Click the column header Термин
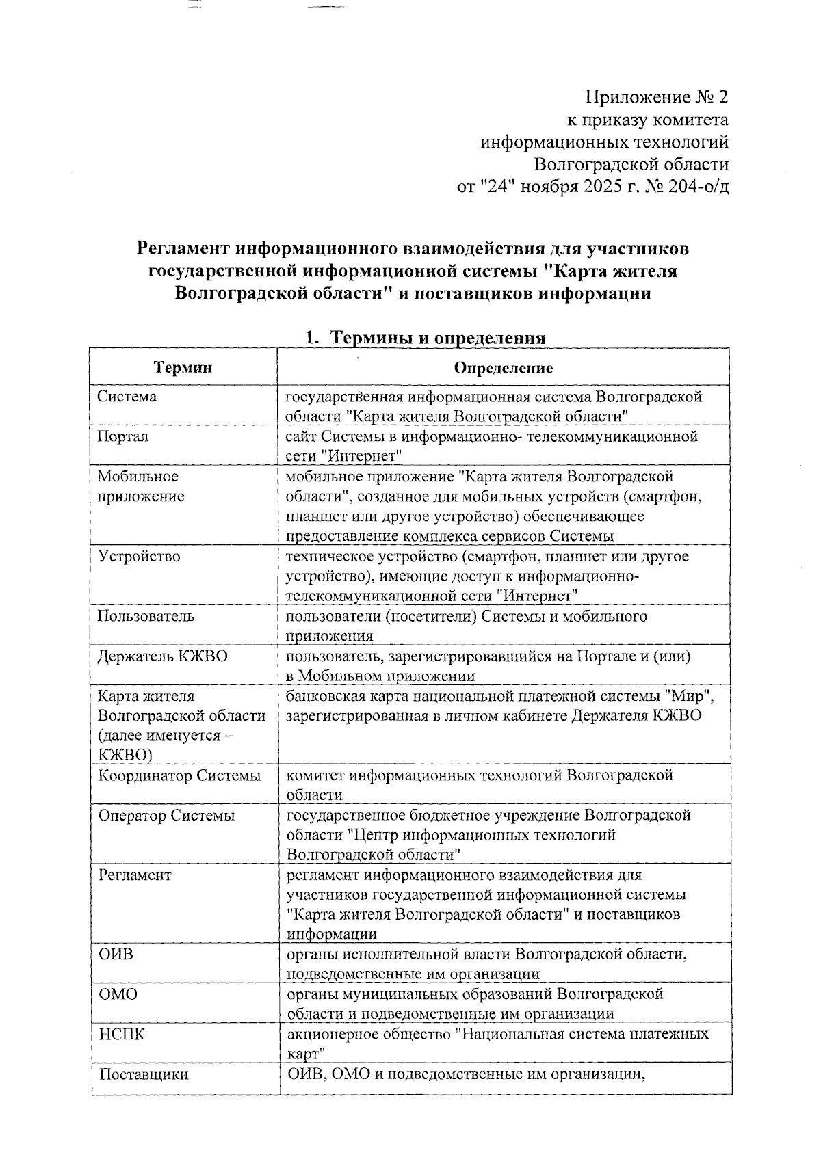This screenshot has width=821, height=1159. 183,368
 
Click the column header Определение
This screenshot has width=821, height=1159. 504,368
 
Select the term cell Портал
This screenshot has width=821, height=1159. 122,436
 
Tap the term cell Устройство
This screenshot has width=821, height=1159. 139,556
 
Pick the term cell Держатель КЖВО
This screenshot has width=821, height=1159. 163,656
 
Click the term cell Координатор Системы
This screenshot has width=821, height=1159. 179,775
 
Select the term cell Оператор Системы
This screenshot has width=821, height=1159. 166,815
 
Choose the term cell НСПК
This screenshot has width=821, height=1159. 121,1034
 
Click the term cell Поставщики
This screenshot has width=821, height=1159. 143,1074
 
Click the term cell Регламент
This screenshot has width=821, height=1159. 134,875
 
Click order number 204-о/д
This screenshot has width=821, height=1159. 690,186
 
